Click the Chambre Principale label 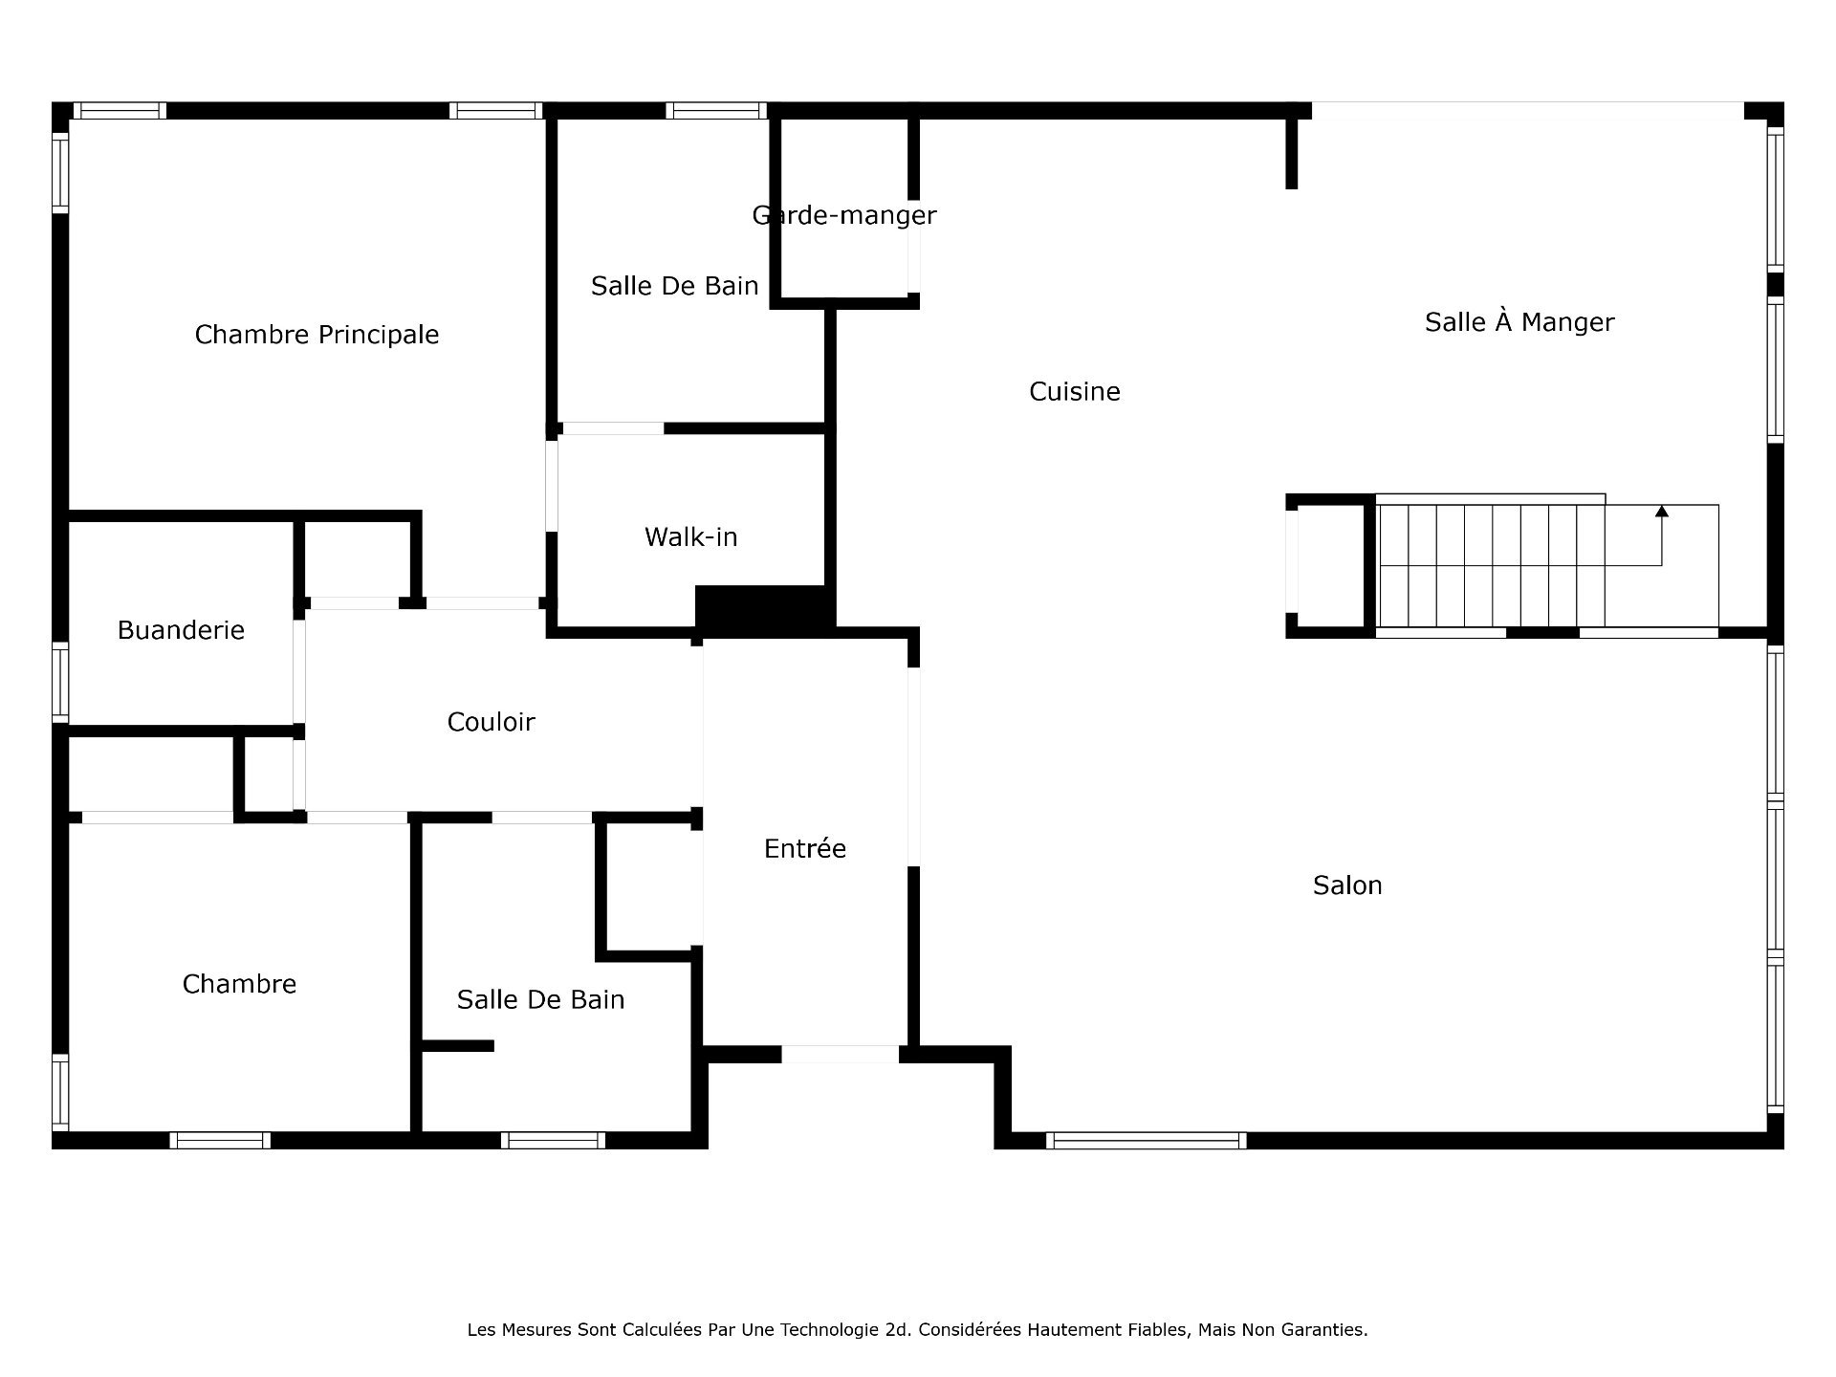[317, 335]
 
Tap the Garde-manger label [844, 216]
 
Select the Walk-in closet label [690, 537]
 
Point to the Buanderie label [181, 630]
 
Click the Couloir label [491, 722]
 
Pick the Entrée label [805, 848]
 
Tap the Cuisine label [1075, 391]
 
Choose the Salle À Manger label [1519, 321]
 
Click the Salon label [1347, 885]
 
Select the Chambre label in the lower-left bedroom [239, 984]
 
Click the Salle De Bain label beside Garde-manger [674, 286]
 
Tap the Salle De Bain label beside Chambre [540, 1000]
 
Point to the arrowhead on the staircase [1662, 512]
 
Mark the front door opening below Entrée [841, 1055]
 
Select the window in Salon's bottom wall [1146, 1140]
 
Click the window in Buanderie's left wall [60, 683]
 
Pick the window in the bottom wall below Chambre [220, 1140]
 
